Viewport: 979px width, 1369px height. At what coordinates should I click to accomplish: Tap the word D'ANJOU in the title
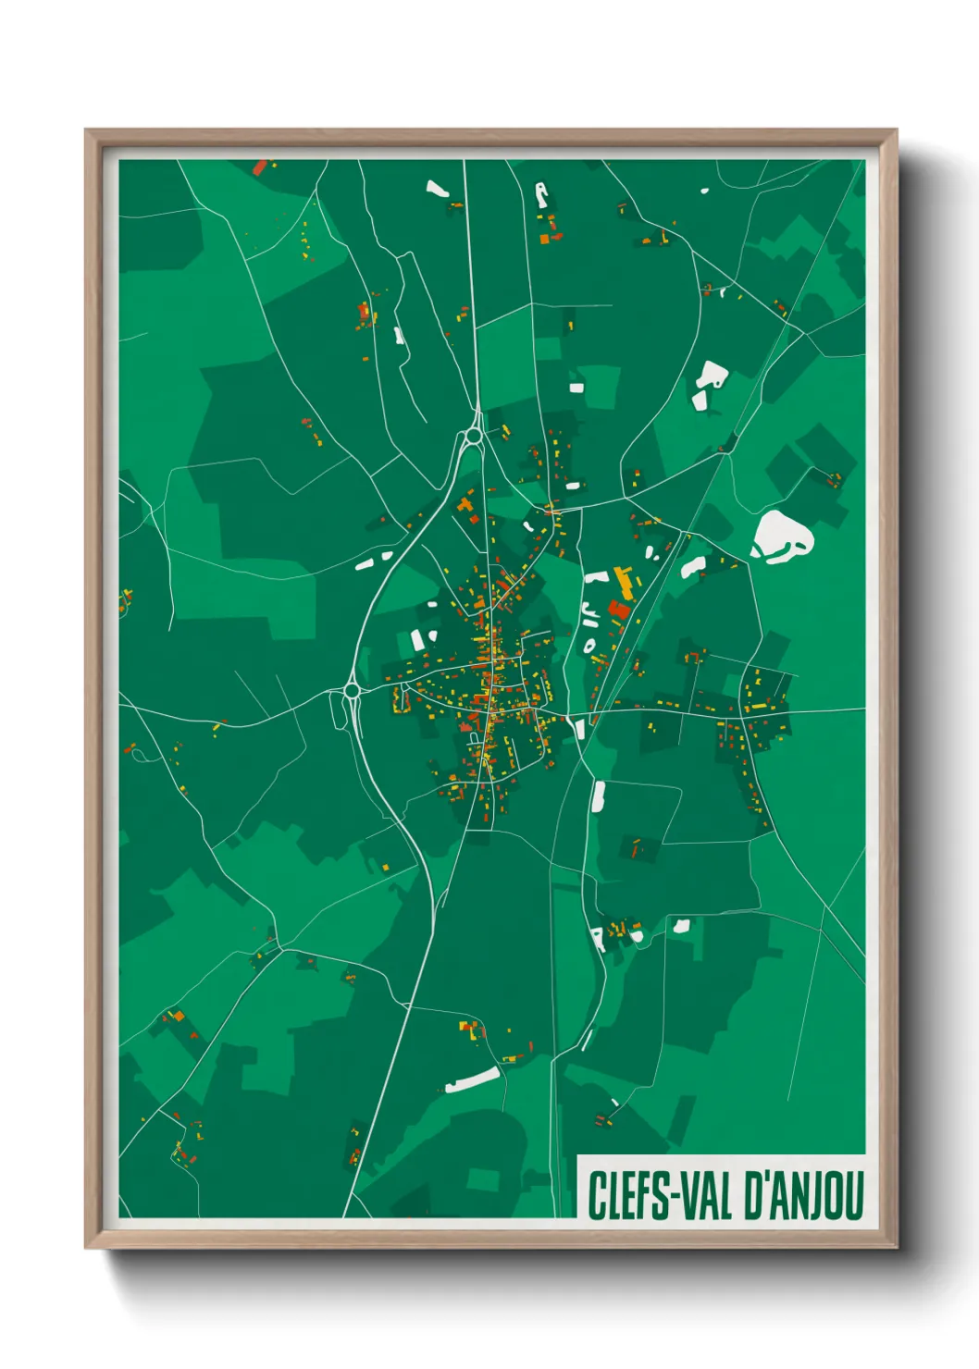pyautogui.click(x=804, y=1195)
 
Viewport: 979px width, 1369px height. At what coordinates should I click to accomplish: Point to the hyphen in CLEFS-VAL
pyautogui.click(x=675, y=1197)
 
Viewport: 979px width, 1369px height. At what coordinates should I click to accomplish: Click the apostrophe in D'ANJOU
pyautogui.click(x=766, y=1178)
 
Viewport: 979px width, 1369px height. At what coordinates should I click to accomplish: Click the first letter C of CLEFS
pyautogui.click(x=596, y=1195)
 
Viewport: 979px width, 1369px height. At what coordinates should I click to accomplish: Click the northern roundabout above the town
pyautogui.click(x=474, y=435)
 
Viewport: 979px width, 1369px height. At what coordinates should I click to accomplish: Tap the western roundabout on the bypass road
pyautogui.click(x=352, y=690)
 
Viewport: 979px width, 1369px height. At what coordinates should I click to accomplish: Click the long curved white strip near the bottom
pyautogui.click(x=472, y=1079)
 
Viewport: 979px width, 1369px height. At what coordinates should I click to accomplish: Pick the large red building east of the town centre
pyautogui.click(x=619, y=610)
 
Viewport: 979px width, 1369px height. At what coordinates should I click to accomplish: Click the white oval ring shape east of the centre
pyautogui.click(x=589, y=645)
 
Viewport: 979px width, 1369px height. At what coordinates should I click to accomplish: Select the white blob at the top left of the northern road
pyautogui.click(x=437, y=190)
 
